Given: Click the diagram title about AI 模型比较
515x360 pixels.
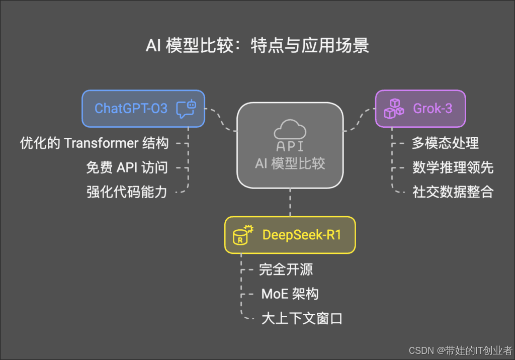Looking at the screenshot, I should (257, 46).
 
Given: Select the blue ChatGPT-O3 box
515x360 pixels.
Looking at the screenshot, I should (143, 108).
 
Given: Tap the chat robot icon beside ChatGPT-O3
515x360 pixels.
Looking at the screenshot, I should (185, 109).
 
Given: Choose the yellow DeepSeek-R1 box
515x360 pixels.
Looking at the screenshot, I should (290, 235).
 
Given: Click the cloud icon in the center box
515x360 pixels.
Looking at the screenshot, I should (290, 129).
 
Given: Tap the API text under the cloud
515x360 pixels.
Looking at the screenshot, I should (290, 147).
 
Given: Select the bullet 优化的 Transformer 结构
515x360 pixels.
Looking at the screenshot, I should (94, 143).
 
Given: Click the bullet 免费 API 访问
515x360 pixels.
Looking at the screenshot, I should (127, 167).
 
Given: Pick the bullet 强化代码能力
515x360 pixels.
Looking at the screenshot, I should (127, 192).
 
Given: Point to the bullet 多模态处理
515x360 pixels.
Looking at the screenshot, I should (445, 143).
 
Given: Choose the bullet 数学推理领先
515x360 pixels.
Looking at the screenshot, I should (453, 167).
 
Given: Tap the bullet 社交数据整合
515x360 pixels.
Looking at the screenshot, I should (453, 192).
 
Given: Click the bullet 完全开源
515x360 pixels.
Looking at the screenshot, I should (286, 269).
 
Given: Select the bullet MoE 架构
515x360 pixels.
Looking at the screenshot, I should (290, 294).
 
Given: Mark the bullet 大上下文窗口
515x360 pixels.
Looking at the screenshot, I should (302, 318).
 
